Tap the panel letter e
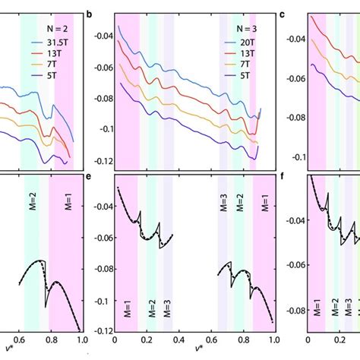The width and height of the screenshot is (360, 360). tap(89, 180)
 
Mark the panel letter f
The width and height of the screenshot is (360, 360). tap(283, 180)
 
